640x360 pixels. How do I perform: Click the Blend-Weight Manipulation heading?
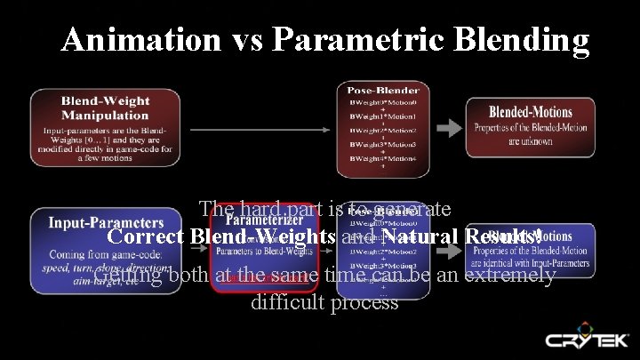(x=105, y=108)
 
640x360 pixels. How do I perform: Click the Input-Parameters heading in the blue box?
(x=105, y=221)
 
